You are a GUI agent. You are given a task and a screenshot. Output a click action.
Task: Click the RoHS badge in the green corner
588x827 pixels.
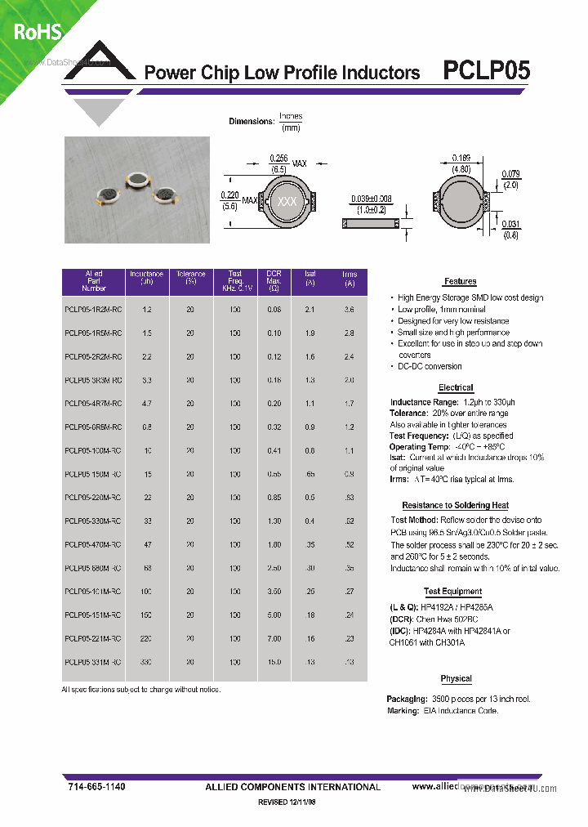(x=36, y=32)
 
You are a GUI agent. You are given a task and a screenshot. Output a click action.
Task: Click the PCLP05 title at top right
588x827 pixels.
(x=486, y=71)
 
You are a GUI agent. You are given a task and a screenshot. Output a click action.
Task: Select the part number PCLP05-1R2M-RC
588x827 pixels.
(x=92, y=309)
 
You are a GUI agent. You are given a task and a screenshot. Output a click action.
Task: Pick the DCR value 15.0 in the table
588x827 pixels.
(x=274, y=662)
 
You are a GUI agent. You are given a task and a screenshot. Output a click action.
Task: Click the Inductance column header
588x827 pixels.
(x=146, y=280)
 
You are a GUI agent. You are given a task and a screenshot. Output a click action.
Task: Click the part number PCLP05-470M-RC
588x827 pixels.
(x=92, y=544)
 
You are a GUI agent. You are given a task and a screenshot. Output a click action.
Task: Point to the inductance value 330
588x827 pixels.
(x=146, y=662)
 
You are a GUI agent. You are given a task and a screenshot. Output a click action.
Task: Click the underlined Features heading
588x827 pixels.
(x=461, y=282)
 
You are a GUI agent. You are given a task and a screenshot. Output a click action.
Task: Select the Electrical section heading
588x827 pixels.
(x=456, y=387)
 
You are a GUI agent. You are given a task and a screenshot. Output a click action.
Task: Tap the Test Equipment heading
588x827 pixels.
(x=452, y=592)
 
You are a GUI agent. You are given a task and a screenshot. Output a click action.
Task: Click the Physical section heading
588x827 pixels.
(x=456, y=679)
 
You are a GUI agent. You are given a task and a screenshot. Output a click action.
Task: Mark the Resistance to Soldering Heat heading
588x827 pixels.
(x=455, y=506)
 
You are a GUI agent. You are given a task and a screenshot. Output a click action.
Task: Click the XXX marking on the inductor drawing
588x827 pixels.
(x=287, y=201)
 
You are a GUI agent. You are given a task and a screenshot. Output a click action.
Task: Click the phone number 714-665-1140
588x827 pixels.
(x=97, y=786)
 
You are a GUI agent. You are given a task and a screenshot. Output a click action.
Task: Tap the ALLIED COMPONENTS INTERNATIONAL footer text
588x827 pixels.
(x=292, y=787)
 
